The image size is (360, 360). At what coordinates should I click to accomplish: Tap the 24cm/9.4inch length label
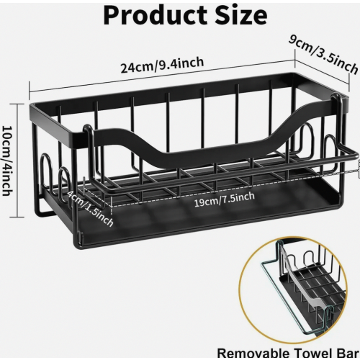[x=162, y=65]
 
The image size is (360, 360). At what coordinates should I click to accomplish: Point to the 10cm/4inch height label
[x=7, y=161]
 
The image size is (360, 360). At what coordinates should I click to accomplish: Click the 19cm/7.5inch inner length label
[x=224, y=199]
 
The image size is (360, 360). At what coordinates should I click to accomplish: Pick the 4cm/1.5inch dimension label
[x=90, y=209]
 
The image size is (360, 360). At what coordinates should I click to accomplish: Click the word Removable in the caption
[x=253, y=354]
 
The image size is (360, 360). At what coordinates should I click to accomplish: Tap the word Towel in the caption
[x=313, y=354]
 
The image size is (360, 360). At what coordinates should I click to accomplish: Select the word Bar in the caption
[x=348, y=354]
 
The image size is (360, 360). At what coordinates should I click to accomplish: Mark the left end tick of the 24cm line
[x=30, y=91]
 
